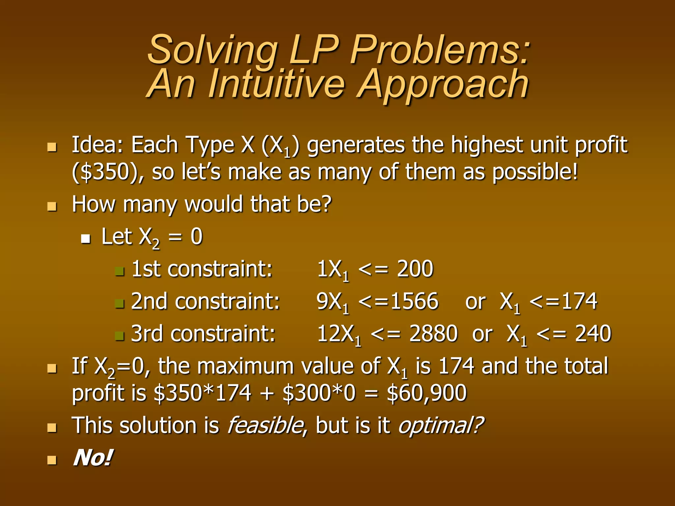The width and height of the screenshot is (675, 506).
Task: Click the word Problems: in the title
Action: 440,50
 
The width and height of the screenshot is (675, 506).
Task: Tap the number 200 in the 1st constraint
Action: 415,269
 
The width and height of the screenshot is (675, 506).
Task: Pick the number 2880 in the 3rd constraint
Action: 433,333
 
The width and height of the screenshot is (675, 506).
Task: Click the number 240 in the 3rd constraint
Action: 593,333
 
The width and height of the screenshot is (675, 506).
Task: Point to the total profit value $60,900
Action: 426,393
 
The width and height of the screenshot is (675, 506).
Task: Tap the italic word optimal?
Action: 441,426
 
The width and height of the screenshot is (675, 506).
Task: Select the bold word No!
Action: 93,458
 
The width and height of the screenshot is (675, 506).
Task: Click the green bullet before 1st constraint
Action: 119,271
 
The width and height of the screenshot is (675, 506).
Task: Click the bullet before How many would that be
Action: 52,207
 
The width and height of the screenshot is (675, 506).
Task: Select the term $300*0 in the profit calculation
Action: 319,393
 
